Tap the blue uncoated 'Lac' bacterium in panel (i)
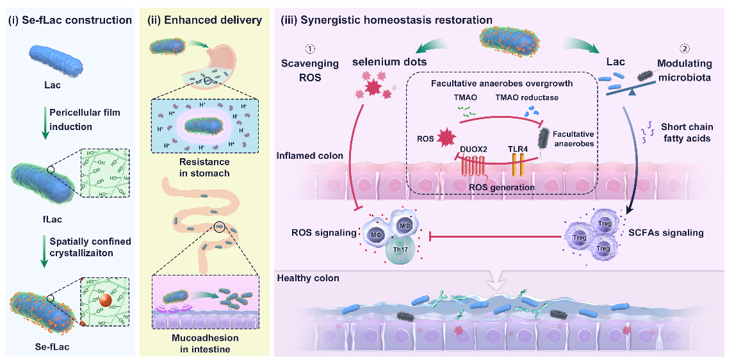pyautogui.click(x=56, y=61)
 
